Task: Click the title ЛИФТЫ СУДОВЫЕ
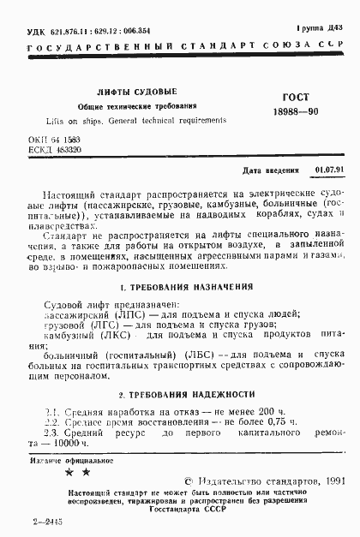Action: tap(148, 91)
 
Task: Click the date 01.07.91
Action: tap(329, 170)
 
